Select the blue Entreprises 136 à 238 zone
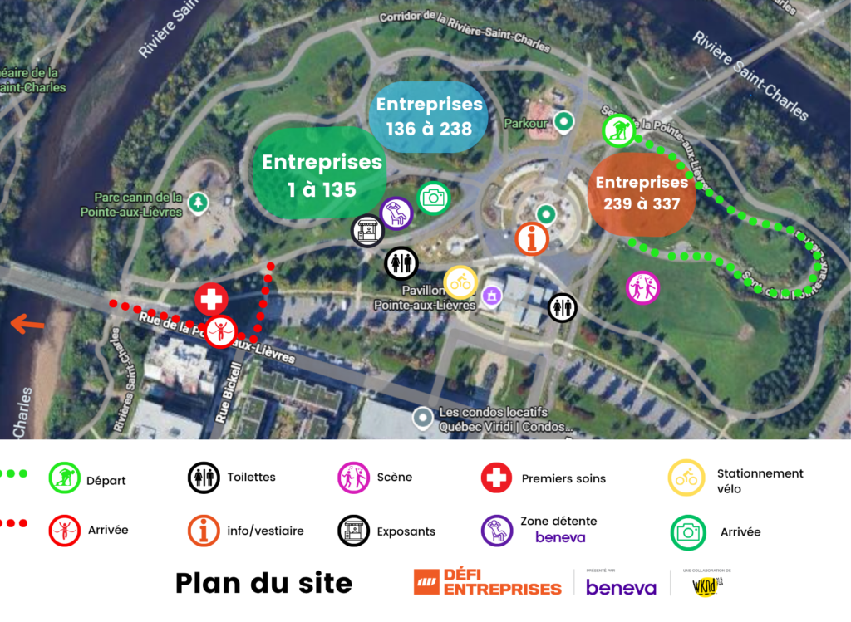point(428,116)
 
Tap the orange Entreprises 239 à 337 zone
point(641,193)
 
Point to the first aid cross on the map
point(211,298)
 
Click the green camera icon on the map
point(432,198)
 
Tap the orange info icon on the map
point(532,238)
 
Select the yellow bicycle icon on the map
point(460,282)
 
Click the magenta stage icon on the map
point(642,287)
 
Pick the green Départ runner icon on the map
point(619,130)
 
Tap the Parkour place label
point(526,124)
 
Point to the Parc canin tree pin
point(198,202)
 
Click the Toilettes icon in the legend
point(204,478)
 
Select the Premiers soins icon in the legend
point(496,478)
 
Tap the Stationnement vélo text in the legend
point(760,481)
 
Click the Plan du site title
point(263,583)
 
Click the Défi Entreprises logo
point(488,582)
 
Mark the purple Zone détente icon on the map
point(396,213)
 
